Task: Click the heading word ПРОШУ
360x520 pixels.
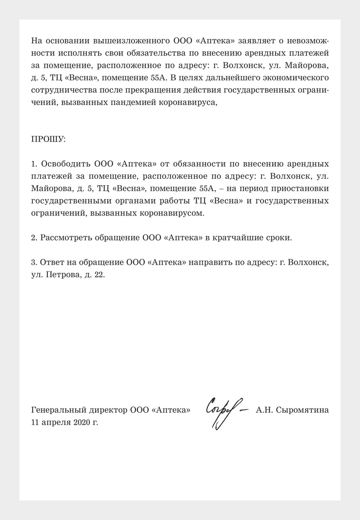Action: [48, 139]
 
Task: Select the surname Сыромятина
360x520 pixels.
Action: [302, 410]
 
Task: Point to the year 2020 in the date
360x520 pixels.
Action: [82, 423]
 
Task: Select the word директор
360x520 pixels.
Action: [107, 410]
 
